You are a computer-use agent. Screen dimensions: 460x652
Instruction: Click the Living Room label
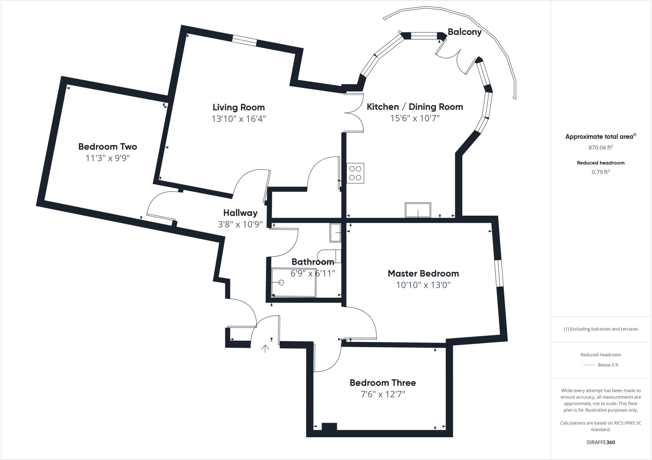pos(238,107)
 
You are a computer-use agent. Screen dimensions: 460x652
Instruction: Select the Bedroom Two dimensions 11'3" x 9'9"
pos(108,158)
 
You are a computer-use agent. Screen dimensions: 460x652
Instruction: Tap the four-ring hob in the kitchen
pos(355,173)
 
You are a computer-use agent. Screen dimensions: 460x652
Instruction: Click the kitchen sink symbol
pos(418,210)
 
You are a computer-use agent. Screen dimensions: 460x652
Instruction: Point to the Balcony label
pos(464,32)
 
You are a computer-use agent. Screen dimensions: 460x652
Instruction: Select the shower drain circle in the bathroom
pos(281,282)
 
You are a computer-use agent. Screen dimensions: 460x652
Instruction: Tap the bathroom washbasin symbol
pos(335,233)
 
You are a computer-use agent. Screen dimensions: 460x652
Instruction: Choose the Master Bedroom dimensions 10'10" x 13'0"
pos(423,285)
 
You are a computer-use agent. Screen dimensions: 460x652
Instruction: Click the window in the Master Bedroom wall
pos(498,273)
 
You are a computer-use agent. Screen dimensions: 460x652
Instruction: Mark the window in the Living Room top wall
pos(244,41)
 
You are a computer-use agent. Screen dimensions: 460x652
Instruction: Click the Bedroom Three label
pos(383,382)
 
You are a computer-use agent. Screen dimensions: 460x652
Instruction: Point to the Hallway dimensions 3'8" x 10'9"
pos(240,224)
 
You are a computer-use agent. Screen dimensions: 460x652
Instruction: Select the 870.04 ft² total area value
pos(600,148)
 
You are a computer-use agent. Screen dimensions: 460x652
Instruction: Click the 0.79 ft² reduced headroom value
pos(600,172)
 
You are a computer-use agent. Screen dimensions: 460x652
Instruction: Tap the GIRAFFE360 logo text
pos(600,442)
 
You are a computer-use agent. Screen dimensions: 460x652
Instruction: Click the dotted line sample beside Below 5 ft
pos(589,365)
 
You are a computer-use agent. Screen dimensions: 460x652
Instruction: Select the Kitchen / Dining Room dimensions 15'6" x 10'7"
pos(415,118)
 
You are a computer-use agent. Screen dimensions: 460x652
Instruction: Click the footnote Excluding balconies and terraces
pos(600,329)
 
